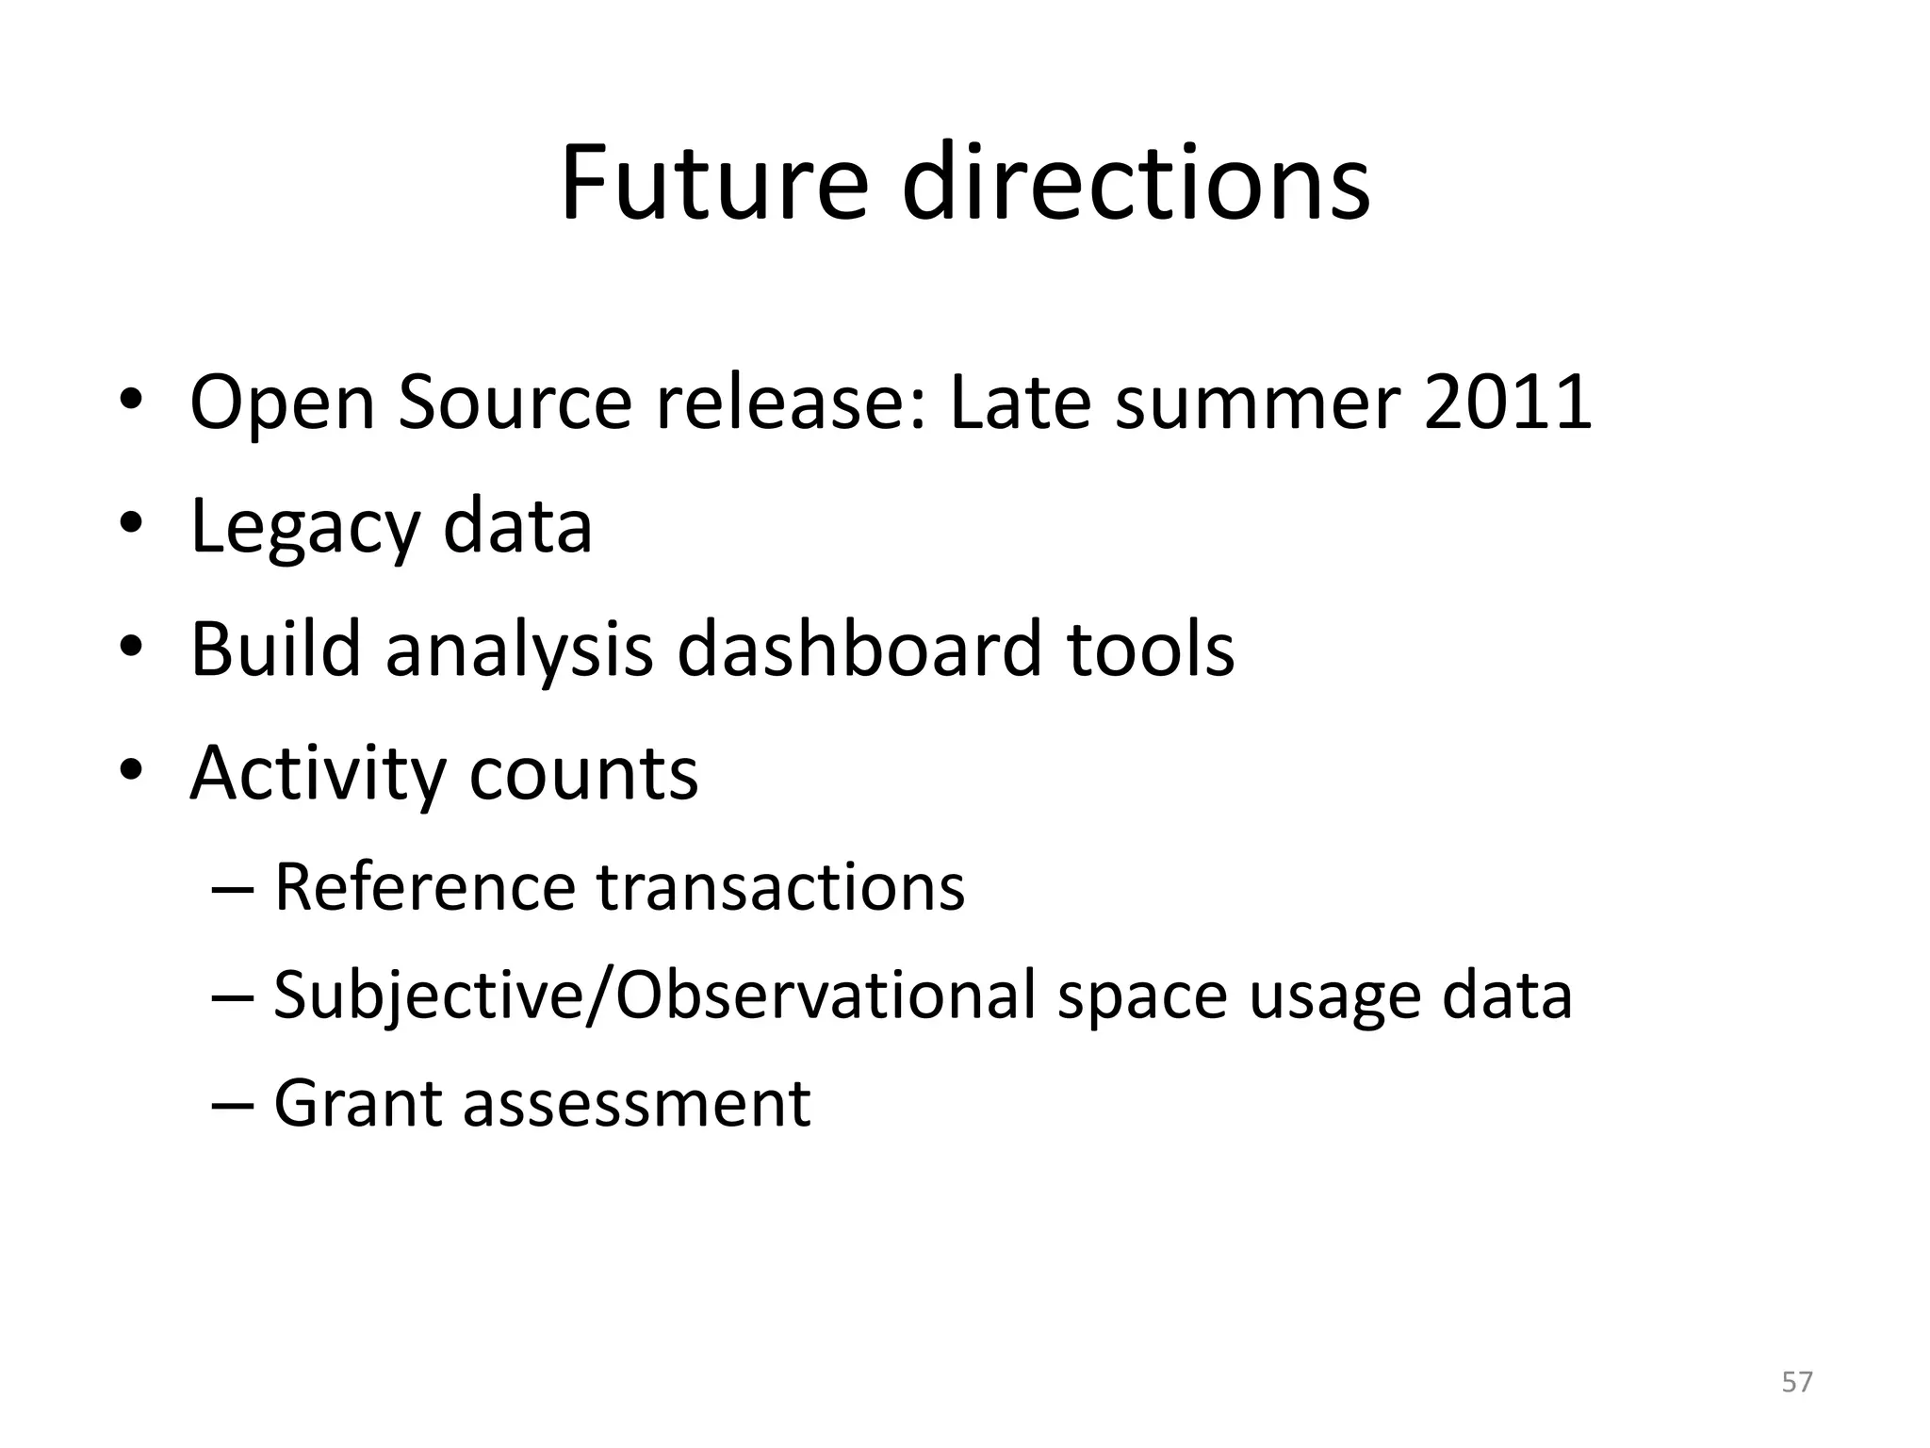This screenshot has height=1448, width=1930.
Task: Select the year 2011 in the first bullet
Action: tap(1507, 403)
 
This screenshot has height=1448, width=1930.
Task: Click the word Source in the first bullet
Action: tap(514, 403)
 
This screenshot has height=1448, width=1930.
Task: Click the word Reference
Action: tap(424, 887)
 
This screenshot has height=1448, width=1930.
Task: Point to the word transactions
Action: tap(781, 887)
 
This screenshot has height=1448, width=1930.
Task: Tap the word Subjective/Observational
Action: tap(654, 995)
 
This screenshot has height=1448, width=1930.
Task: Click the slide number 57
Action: tap(1797, 1382)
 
